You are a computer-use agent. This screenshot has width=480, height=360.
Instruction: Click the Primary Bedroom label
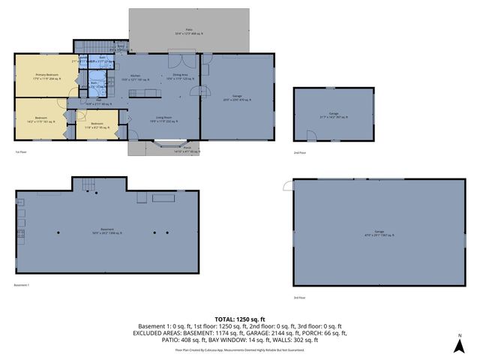click(x=46, y=75)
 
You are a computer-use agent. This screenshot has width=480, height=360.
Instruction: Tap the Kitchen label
click(x=136, y=76)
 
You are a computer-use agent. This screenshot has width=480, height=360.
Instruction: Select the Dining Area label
click(x=180, y=75)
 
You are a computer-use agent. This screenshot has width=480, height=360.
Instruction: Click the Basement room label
click(x=107, y=229)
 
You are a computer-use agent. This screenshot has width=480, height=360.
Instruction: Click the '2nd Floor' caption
click(x=300, y=152)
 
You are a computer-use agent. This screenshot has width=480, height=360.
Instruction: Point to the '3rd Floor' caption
click(x=300, y=298)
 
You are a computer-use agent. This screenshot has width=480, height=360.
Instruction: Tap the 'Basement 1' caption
click(x=22, y=286)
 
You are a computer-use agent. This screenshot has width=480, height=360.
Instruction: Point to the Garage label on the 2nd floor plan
click(x=333, y=115)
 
